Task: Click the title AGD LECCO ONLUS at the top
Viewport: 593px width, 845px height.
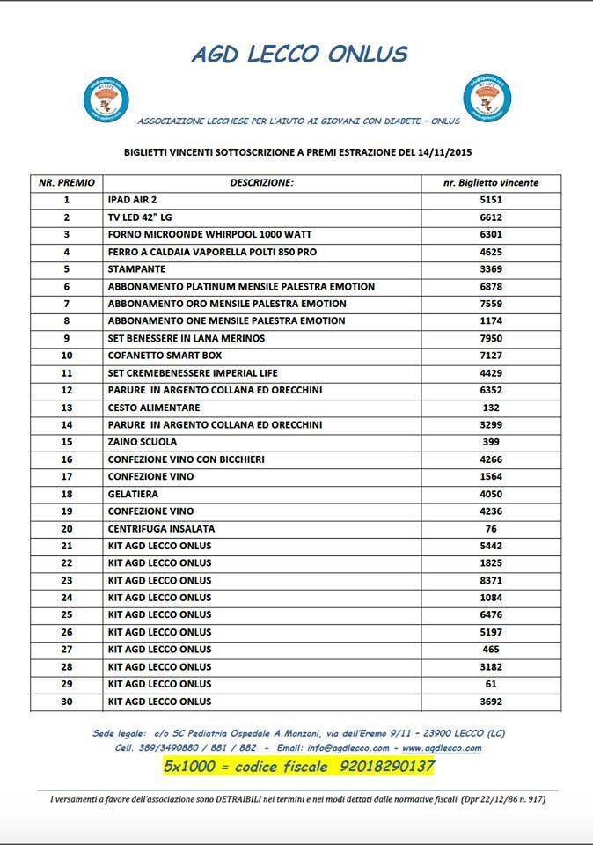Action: coord(299,55)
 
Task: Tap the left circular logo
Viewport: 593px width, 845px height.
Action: coord(106,99)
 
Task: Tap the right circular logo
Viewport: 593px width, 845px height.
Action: coord(487,97)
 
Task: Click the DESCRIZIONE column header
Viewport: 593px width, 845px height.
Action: coord(261,183)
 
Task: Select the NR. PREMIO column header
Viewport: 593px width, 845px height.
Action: coord(66,183)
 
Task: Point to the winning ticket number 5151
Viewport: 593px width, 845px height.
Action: coord(491,200)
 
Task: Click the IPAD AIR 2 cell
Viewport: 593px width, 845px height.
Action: coord(132,200)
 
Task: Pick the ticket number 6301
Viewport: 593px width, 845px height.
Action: coord(491,234)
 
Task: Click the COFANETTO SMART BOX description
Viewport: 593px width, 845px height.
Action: coord(165,356)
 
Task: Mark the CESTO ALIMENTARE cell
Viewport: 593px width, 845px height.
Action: coord(154,408)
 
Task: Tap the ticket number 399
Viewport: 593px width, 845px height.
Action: coord(491,442)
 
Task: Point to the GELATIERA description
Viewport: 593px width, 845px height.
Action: coord(133,494)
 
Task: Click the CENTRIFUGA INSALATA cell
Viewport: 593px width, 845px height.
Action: coord(161,529)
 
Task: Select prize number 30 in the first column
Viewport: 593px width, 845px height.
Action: coord(66,702)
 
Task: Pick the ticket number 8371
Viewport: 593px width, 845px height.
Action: coord(491,581)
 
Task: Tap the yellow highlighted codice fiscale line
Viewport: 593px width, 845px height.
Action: coord(299,767)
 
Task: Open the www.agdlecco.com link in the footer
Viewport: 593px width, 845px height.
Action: coord(442,748)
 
